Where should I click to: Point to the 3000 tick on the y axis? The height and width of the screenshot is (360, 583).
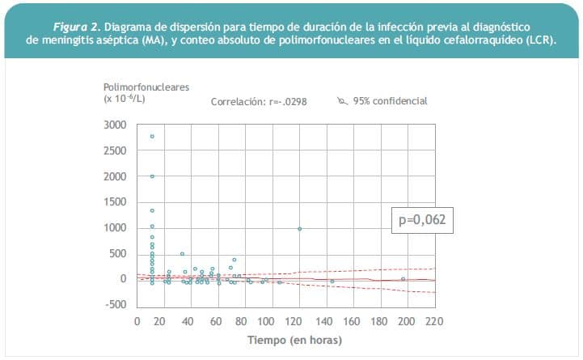(116, 125)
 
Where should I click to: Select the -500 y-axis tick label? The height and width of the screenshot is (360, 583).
(118, 305)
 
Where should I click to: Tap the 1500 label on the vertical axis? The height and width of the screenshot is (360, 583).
(116, 202)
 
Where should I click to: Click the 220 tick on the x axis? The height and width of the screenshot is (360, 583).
(434, 321)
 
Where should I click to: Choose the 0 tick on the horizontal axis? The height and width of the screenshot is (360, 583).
(137, 321)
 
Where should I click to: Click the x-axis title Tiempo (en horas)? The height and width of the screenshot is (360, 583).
(294, 341)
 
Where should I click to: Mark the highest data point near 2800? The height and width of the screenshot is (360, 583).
(152, 136)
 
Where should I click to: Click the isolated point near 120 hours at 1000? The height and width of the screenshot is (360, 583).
(300, 229)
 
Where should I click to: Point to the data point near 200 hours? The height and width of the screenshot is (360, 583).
(403, 278)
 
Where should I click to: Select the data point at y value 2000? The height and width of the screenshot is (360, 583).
(152, 176)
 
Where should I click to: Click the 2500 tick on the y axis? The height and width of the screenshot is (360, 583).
(116, 151)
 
